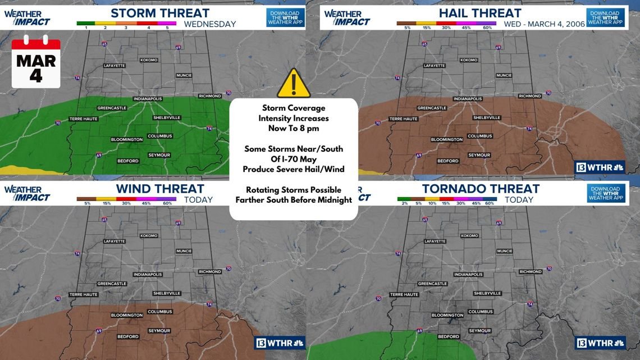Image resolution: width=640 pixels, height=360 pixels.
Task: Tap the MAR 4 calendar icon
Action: pyautogui.click(x=36, y=62)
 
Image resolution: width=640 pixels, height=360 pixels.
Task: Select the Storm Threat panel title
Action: pyautogui.click(x=160, y=13)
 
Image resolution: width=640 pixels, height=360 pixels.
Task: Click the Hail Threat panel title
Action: pyautogui.click(x=479, y=13)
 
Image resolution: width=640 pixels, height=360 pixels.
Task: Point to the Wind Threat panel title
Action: pyautogui.click(x=160, y=189)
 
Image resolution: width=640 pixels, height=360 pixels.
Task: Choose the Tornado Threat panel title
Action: pyautogui.click(x=481, y=189)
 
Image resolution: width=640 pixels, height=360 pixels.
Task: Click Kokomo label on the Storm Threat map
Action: pyautogui.click(x=149, y=60)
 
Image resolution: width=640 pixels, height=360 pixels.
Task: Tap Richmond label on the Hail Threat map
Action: pyautogui.click(x=530, y=96)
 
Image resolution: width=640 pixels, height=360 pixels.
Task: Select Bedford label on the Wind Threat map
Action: pyautogui.click(x=128, y=337)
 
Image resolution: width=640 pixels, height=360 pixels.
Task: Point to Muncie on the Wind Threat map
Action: pyautogui.click(x=184, y=251)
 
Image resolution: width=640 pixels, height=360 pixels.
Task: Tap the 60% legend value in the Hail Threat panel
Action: pyautogui.click(x=487, y=28)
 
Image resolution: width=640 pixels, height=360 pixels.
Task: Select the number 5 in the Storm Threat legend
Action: pyautogui.click(x=167, y=28)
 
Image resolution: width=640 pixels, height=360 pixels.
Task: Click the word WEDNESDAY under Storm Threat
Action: pyautogui.click(x=210, y=24)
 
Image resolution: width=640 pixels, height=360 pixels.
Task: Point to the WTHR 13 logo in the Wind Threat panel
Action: pyautogui.click(x=280, y=343)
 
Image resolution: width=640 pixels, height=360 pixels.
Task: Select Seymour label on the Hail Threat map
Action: pyautogui.click(x=479, y=155)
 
